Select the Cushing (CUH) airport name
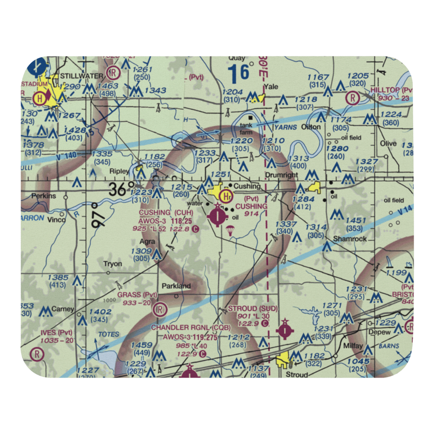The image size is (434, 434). click(x=161, y=212)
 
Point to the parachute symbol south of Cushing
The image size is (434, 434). click(x=230, y=230)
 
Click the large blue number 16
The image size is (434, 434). click(x=239, y=73)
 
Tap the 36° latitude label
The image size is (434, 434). click(x=122, y=189)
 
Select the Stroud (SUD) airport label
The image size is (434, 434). click(x=253, y=309)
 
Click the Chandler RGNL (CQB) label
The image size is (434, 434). click(x=191, y=327)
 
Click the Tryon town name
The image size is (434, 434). click(x=112, y=264)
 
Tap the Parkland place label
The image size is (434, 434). click(x=176, y=286)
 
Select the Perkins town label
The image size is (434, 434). click(x=43, y=196)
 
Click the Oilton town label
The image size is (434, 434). click(x=311, y=127)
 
